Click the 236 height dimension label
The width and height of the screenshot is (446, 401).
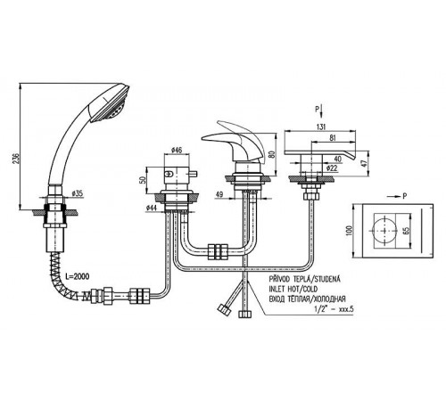(x=17, y=159)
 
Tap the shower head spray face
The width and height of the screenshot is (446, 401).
(x=111, y=105)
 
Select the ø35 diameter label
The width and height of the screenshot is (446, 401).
(x=78, y=194)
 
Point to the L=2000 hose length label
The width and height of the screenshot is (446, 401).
(x=77, y=276)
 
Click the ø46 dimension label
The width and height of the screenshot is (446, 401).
(x=177, y=150)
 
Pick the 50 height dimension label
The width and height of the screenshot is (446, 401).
(x=144, y=180)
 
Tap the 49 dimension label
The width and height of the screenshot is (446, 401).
(x=219, y=194)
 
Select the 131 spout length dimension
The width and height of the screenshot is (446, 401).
(x=320, y=127)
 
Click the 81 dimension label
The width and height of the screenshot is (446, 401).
(x=333, y=138)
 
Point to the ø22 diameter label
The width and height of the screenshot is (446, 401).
(x=332, y=168)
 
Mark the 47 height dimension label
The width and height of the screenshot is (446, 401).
(x=365, y=163)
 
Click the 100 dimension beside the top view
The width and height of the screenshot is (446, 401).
(x=349, y=231)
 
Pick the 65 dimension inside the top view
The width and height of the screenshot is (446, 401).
(x=407, y=231)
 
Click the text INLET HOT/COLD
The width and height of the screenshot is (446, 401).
(x=293, y=289)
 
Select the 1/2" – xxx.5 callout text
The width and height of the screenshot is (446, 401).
(x=334, y=309)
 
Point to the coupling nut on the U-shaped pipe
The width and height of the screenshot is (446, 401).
(x=218, y=252)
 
